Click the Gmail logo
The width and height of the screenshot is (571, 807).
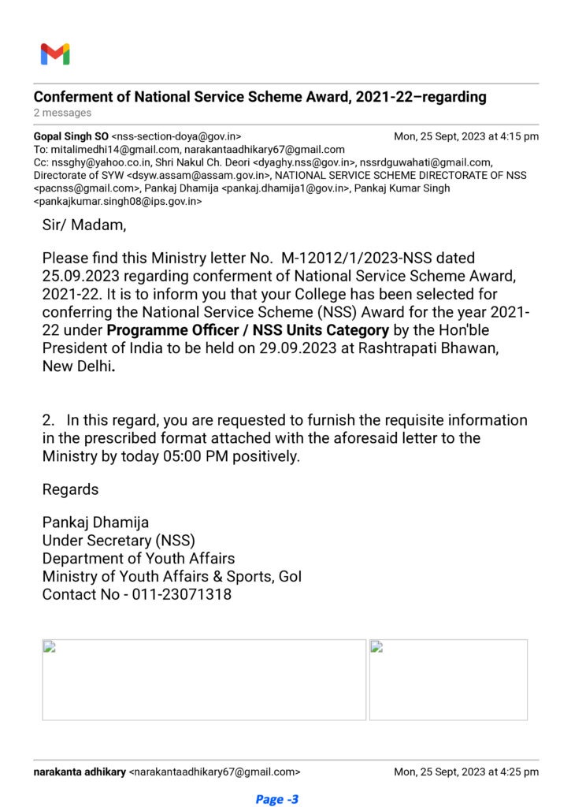coord(55,54)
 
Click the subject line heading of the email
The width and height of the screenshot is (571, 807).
coord(260,98)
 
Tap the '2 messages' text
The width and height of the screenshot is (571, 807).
coord(62,113)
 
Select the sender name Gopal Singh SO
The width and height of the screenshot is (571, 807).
coord(71,136)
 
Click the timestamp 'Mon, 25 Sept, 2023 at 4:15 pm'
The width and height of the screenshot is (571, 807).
coord(466,136)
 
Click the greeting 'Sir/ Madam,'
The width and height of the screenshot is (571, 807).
coord(83,225)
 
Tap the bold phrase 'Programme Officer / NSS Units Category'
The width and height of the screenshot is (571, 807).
coord(247,330)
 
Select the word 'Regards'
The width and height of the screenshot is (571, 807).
coord(71,489)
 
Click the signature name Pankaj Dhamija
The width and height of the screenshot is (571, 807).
coord(95,523)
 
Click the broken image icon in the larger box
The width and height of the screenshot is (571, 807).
coord(50,648)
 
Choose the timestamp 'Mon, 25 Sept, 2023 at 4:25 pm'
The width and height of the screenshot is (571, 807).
coord(466,772)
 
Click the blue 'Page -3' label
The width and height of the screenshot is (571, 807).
coord(277,799)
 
